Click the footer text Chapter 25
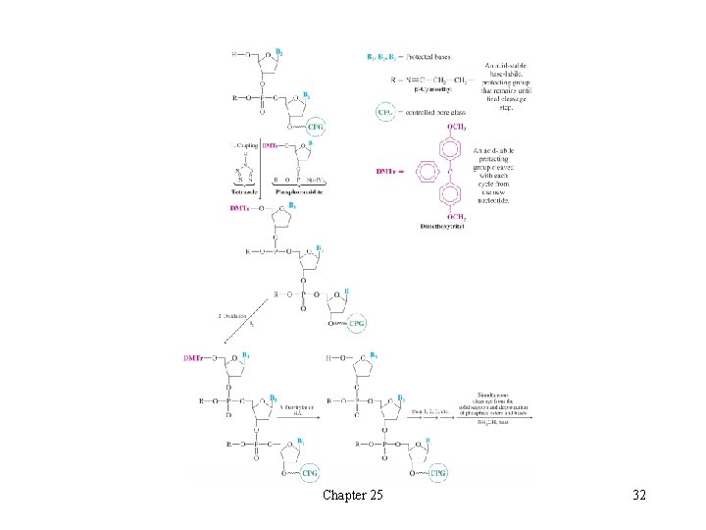coord(353,496)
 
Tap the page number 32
coord(639,496)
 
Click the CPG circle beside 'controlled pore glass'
coord(386,113)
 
